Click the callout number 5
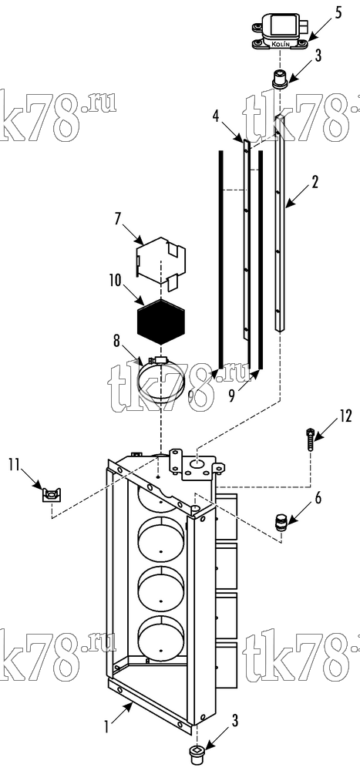338,13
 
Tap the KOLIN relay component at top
278,31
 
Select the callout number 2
315,181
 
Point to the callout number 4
215,117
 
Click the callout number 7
118,219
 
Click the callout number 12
345,416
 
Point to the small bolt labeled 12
310,439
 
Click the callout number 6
318,497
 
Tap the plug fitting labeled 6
281,524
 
